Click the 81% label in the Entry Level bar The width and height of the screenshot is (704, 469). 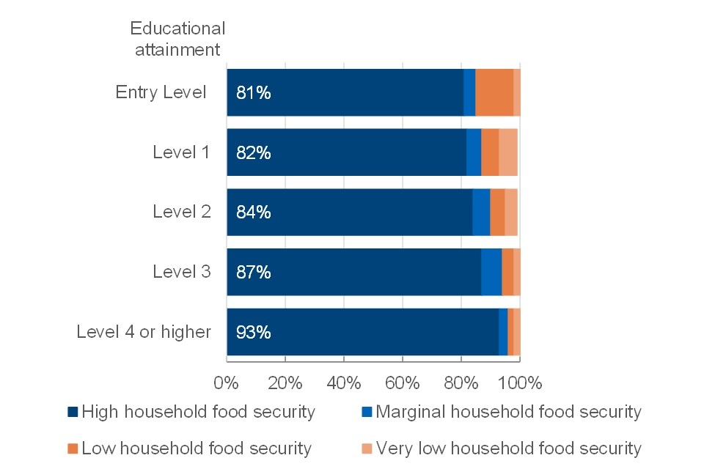254,93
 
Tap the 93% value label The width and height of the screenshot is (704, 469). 254,332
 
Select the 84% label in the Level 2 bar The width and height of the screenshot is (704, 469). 254,213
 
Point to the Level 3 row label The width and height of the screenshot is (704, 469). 181,272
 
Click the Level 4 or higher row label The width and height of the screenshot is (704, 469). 144,332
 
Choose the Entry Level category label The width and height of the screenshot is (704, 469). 161,93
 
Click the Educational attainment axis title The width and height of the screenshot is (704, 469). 177,39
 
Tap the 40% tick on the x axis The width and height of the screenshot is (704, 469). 344,383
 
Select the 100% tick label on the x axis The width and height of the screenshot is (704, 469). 520,383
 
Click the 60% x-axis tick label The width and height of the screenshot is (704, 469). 403,383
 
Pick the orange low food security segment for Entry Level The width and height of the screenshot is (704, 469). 494,93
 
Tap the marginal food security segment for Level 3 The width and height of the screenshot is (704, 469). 491,272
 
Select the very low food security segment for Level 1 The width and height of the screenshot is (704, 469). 508,152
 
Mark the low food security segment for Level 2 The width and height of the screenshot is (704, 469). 497,213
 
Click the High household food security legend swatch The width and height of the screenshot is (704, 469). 73,412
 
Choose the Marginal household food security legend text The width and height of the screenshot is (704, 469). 508,412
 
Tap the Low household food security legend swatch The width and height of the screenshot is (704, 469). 73,448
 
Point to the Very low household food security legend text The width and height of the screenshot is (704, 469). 508,448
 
